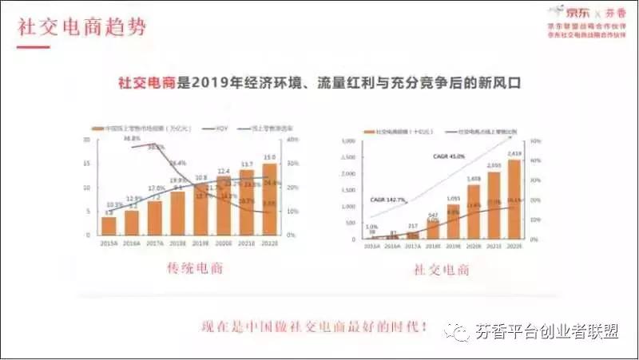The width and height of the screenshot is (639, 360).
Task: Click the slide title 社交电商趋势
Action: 82,26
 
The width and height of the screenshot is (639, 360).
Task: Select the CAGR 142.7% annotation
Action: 388,199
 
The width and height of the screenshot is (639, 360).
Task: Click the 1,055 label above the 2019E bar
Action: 453,198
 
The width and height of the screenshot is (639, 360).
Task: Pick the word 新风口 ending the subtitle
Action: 498,82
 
